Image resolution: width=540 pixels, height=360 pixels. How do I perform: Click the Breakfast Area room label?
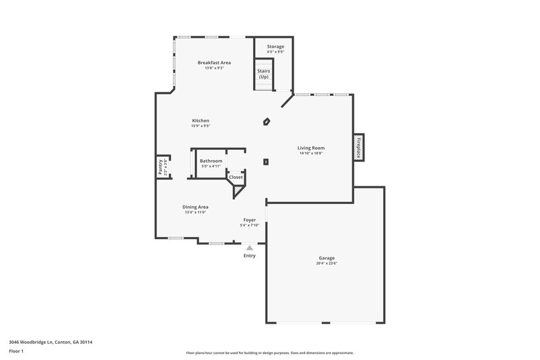(210, 62)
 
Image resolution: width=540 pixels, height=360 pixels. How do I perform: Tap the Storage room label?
(275, 47)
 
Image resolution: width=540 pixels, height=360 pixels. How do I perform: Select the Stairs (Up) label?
(263, 73)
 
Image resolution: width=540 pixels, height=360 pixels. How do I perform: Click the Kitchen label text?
(200, 120)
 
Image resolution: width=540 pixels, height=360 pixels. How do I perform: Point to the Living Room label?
(312, 147)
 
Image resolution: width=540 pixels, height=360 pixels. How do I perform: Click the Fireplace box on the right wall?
(358, 147)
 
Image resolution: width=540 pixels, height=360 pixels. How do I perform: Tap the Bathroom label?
(211, 161)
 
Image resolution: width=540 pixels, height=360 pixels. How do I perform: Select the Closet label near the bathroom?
(236, 177)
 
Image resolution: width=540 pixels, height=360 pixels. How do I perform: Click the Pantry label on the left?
(161, 167)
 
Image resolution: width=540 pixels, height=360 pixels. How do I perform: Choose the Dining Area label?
(195, 207)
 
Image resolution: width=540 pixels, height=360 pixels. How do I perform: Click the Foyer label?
(250, 220)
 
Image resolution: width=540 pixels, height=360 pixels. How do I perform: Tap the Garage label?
(327, 258)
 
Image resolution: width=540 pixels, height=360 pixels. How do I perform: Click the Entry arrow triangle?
(249, 248)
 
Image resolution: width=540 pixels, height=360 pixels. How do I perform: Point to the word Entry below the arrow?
(249, 255)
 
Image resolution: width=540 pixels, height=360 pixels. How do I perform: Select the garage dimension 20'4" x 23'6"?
(327, 263)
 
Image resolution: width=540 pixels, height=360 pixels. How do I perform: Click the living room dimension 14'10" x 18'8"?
(312, 153)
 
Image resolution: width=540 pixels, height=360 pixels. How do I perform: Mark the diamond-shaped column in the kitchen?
(267, 122)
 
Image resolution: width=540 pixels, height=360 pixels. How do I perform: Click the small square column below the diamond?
(266, 162)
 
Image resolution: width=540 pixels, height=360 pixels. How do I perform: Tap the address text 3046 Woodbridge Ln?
(51, 342)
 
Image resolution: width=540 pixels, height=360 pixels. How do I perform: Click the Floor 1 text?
(17, 352)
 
